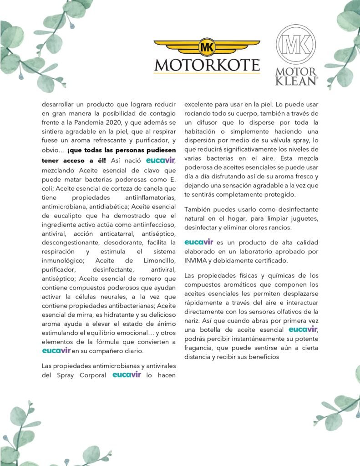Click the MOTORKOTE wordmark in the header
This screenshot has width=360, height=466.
click(207, 65)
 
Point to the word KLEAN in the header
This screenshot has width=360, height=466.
click(296, 81)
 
